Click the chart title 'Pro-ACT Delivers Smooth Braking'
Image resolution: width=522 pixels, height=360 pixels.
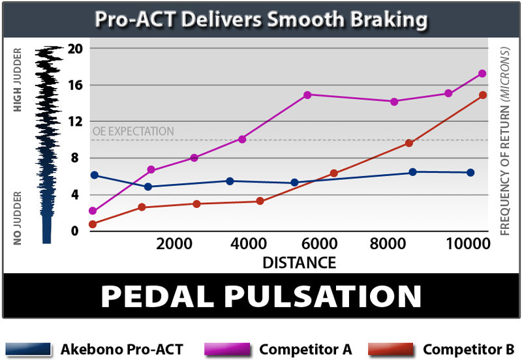pyautogui.click(x=261, y=19)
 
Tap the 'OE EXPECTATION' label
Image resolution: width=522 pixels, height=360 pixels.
pyautogui.click(x=133, y=132)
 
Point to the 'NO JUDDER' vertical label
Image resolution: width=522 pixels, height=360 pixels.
pyautogui.click(x=18, y=217)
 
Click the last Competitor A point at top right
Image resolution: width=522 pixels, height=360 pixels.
pyautogui.click(x=482, y=74)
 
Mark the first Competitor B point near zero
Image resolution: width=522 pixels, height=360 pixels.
pyautogui.click(x=93, y=224)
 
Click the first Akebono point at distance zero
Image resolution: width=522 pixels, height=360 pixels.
pyautogui.click(x=95, y=175)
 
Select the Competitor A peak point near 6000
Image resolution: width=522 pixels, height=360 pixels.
pyautogui.click(x=307, y=95)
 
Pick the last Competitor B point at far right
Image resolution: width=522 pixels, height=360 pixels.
pyautogui.click(x=483, y=95)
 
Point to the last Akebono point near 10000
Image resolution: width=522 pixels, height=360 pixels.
pyautogui.click(x=470, y=173)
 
